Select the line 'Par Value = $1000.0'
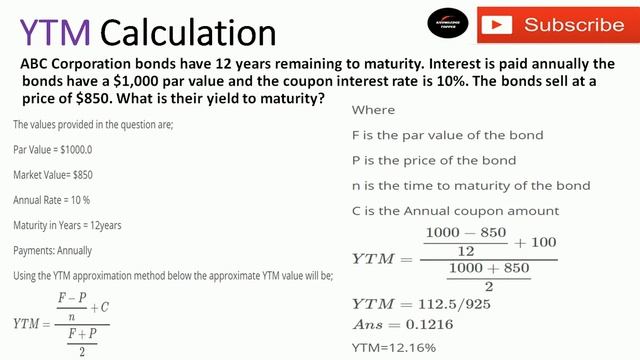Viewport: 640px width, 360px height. click(53, 149)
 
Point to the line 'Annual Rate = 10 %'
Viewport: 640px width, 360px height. click(53, 199)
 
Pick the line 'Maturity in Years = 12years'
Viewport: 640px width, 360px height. click(67, 224)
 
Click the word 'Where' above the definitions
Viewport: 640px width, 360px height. click(373, 110)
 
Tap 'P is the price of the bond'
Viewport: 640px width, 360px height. click(434, 160)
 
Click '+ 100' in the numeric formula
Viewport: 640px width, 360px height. click(536, 242)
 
